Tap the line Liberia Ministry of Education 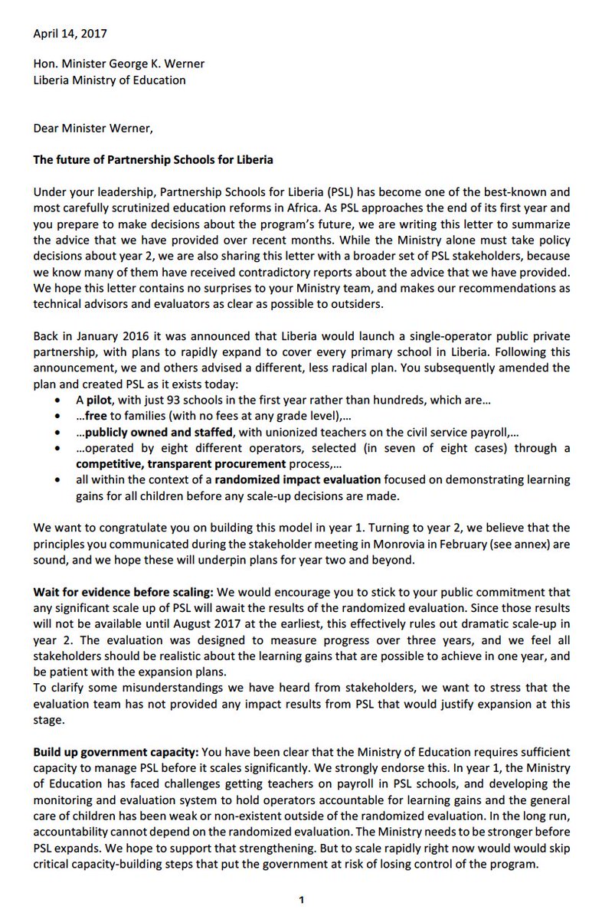[x=110, y=80]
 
